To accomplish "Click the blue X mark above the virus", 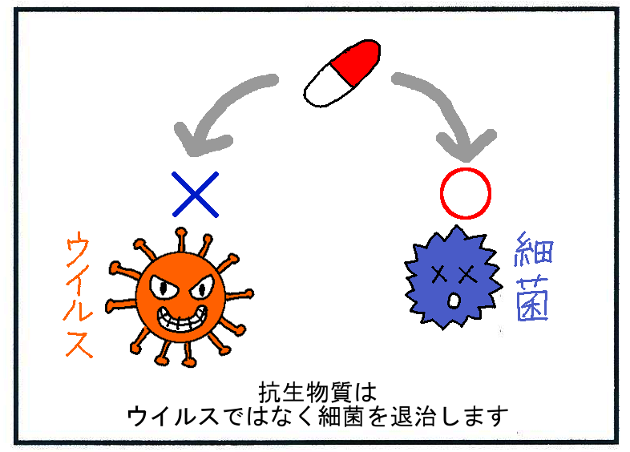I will point(196,193).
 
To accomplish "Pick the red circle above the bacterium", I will point(465,193).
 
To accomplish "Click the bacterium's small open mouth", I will point(453,301).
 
